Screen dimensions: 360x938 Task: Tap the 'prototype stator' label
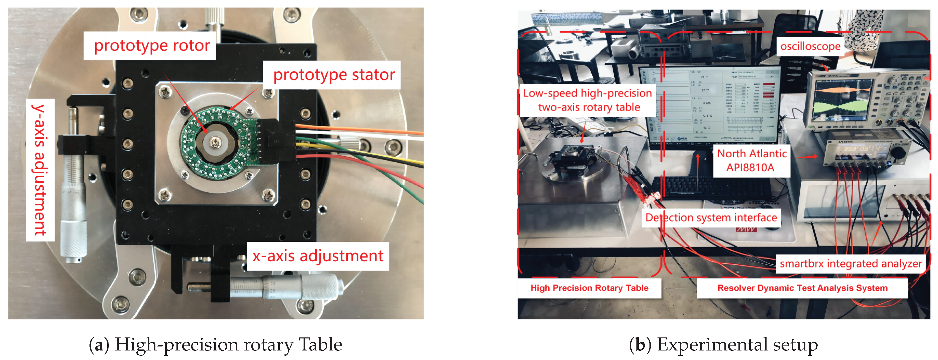pyautogui.click(x=334, y=75)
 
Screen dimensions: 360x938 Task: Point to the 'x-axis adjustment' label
pyautogui.click(x=318, y=256)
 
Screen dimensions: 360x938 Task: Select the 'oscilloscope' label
pyautogui.click(x=810, y=46)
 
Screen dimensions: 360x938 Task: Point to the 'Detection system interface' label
pyautogui.click(x=711, y=218)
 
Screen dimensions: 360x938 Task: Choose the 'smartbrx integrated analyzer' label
pyautogui.click(x=850, y=263)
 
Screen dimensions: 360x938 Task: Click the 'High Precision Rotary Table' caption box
pyautogui.click(x=589, y=288)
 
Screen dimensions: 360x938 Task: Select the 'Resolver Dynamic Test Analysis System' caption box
pyautogui.click(x=802, y=288)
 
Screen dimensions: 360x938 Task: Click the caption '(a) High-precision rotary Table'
pyautogui.click(x=215, y=344)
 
